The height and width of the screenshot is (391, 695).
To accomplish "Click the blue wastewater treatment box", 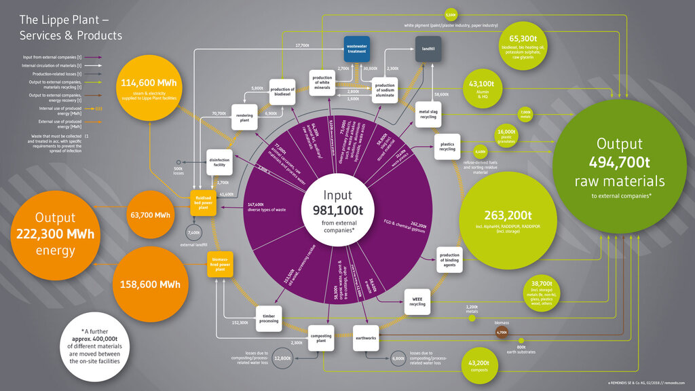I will [356, 49].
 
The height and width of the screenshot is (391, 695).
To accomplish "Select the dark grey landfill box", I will [428, 50].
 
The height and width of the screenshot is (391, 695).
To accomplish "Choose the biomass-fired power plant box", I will [219, 264].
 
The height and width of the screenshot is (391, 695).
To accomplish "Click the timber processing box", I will [269, 318].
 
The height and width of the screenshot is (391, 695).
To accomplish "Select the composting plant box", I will [321, 337].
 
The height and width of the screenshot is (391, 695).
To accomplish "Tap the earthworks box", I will [366, 338].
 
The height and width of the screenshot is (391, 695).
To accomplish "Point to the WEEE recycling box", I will [417, 300].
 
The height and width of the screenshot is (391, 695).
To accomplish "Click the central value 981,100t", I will [337, 210].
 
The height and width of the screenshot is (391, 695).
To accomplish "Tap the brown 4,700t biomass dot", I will [502, 333].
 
